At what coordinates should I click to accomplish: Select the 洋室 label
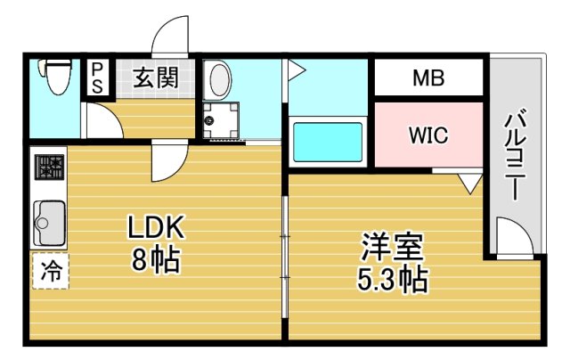(x=391, y=246)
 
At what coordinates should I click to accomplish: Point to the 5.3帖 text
(x=392, y=279)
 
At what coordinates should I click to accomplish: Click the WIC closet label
(x=427, y=135)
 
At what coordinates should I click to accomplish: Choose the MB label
(x=428, y=78)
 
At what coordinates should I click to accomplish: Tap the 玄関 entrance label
(x=156, y=78)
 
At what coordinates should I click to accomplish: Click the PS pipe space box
(x=96, y=76)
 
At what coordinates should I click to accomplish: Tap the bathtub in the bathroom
(x=327, y=141)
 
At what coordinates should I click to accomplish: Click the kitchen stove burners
(x=49, y=168)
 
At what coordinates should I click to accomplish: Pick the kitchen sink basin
(x=49, y=218)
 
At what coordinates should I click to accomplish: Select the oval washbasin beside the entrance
(x=218, y=81)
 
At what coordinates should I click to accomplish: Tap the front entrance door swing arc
(x=169, y=37)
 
